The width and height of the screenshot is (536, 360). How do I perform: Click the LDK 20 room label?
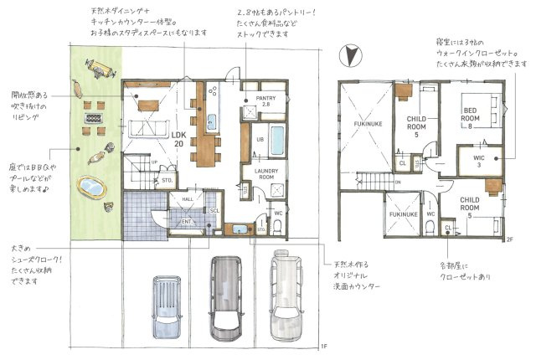[178, 139]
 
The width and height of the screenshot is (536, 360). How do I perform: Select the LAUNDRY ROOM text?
[260, 173]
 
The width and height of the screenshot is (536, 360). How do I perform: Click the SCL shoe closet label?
[214, 210]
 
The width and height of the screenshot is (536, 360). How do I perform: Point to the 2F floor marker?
[508, 239]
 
